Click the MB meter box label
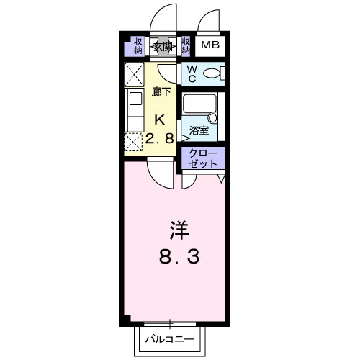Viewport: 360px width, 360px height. pos(210,45)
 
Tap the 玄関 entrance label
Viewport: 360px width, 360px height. pos(163,47)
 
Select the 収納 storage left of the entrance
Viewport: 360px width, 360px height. pos(138,46)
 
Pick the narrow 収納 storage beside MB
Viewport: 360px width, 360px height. pos(186,46)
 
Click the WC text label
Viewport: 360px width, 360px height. pos(192,74)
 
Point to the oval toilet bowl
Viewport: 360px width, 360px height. pos(212,73)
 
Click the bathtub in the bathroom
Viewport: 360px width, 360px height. pos(199,104)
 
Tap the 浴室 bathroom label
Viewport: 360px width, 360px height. pos(199,130)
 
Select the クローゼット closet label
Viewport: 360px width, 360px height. pos(203,158)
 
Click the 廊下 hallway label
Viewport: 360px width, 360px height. pos(161,91)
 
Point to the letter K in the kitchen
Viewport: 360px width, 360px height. pos(160,120)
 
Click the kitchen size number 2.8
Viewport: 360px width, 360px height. pos(160,138)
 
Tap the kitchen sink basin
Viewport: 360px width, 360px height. pos(135,99)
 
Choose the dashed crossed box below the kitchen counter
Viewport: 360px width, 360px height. pos(133,142)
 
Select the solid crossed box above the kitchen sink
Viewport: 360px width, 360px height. pos(134,74)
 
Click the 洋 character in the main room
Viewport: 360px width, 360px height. pos(179,230)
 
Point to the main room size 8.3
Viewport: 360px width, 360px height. pos(179,256)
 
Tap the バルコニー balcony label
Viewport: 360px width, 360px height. pos(170,339)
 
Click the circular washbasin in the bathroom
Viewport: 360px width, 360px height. pos(212,118)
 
